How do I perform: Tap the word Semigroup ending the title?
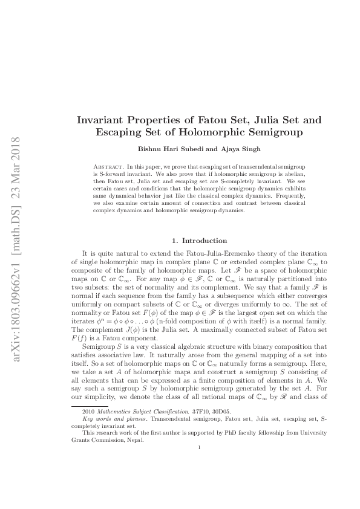tap(273, 132)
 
